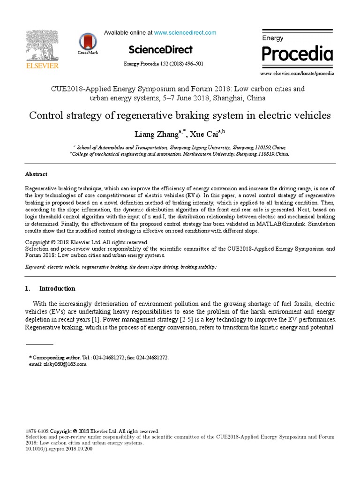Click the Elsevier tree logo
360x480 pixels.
coord(42,45)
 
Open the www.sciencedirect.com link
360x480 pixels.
coord(185,33)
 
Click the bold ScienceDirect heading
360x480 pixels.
coord(160,50)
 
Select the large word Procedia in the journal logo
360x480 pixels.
coord(297,54)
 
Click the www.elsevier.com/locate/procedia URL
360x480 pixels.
coord(297,74)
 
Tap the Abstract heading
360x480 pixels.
coord(36,174)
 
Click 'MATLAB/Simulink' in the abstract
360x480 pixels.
coord(277,224)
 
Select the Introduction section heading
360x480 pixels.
coord(57,289)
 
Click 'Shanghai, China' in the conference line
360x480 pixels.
coord(239,98)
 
